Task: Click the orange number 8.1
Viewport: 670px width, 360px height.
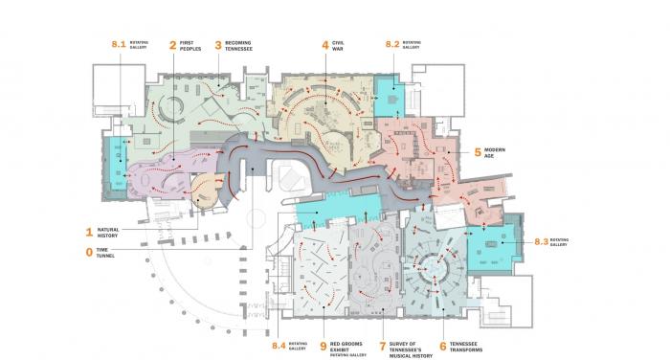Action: [x=120, y=44]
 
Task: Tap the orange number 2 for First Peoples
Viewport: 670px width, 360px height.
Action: [x=173, y=44]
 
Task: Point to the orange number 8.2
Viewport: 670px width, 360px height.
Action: [x=392, y=44]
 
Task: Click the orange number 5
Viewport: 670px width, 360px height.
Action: [x=478, y=152]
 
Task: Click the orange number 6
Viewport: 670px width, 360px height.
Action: [x=443, y=347]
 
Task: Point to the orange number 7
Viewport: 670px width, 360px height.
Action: [x=382, y=347]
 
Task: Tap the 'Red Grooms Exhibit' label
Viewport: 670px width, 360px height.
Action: [x=348, y=348]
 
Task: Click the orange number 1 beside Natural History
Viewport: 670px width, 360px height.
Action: [x=89, y=231]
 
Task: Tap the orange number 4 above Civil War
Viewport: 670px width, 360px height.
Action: [x=325, y=44]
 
